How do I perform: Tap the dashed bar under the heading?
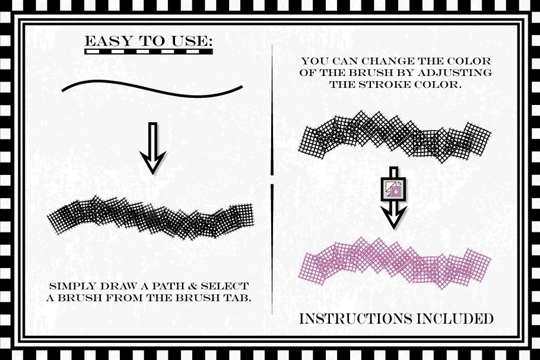[148, 52]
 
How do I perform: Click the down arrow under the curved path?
[153, 148]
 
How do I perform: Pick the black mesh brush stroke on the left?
[151, 218]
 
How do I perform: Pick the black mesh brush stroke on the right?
[395, 137]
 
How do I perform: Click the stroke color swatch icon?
[393, 189]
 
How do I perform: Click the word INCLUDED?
[455, 318]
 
